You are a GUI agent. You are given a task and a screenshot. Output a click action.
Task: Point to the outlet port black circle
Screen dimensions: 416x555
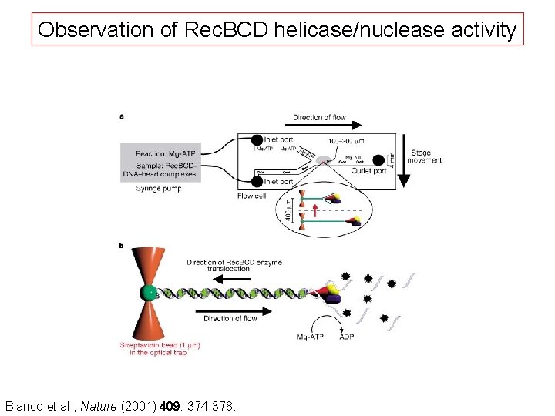point(378,160)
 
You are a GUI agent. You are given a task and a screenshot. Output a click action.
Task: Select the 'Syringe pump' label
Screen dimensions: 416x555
point(159,189)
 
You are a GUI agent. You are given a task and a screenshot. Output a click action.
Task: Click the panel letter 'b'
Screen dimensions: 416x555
point(122,246)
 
